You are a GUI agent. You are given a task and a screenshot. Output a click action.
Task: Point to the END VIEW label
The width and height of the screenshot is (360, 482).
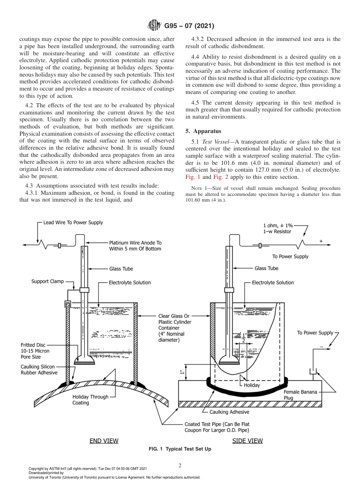point(104,441)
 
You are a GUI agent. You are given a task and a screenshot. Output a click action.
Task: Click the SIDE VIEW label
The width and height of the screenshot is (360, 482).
point(247,441)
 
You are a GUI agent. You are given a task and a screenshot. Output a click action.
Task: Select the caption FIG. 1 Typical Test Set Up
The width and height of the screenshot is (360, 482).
point(180,449)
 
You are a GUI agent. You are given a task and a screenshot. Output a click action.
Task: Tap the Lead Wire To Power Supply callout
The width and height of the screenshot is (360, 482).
point(73,222)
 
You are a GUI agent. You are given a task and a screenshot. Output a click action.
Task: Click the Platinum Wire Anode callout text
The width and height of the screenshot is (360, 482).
point(135,246)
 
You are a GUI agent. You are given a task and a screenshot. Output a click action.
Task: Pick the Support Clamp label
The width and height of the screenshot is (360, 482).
point(48,281)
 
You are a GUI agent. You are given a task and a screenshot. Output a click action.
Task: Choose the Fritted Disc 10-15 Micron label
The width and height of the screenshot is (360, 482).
point(35,351)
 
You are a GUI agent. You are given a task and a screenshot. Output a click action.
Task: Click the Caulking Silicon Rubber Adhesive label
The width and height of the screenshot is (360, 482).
point(39,370)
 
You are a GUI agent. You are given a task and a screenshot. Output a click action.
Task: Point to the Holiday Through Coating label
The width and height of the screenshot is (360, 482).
point(90,400)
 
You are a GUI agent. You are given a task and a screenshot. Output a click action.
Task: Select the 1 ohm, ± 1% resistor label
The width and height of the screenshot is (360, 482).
point(277,228)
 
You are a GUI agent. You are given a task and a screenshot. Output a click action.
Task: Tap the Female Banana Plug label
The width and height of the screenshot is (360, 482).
point(300,395)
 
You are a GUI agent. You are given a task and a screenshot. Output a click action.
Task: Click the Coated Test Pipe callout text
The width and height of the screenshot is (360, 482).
point(217,427)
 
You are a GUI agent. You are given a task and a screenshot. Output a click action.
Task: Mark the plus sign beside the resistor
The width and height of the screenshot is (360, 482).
point(321,241)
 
